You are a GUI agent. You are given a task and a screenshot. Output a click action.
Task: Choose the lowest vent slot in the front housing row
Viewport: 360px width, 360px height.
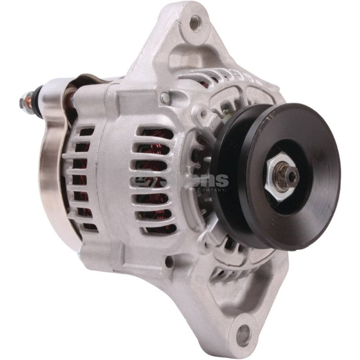pyautogui.click(x=155, y=227)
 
